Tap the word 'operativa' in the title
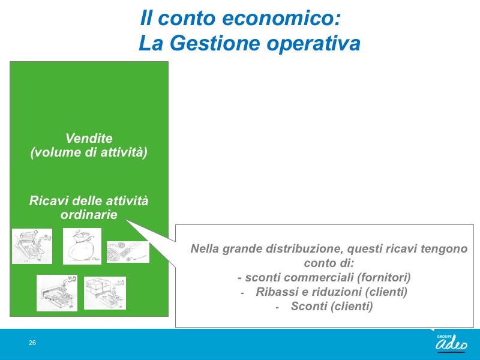pyautogui.click(x=313, y=44)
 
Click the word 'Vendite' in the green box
pyautogui.click(x=89, y=138)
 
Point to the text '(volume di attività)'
pyautogui.click(x=89, y=152)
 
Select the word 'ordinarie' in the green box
pyautogui.click(x=89, y=214)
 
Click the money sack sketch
pyautogui.click(x=82, y=246)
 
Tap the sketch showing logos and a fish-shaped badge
pyautogui.click(x=128, y=252)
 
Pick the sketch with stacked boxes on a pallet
pyautogui.click(x=105, y=293)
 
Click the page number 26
pyautogui.click(x=32, y=343)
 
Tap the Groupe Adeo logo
pyautogui.click(x=452, y=343)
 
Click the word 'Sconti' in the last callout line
pyautogui.click(x=309, y=306)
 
